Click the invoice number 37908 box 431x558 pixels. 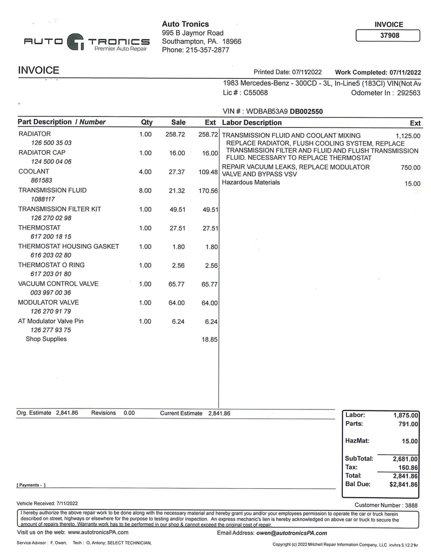[x=387, y=36]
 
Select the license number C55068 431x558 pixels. [x=256, y=93]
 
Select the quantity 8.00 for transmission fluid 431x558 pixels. [x=145, y=191]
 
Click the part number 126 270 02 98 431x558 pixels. [x=51, y=218]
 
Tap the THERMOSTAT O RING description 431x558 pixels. [x=52, y=265]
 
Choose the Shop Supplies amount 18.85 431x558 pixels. [x=209, y=340]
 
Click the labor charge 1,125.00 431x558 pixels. [x=408, y=136]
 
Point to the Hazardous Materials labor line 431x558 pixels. [x=251, y=182]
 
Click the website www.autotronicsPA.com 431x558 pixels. [x=98, y=532]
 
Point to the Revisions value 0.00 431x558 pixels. [x=129, y=413]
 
